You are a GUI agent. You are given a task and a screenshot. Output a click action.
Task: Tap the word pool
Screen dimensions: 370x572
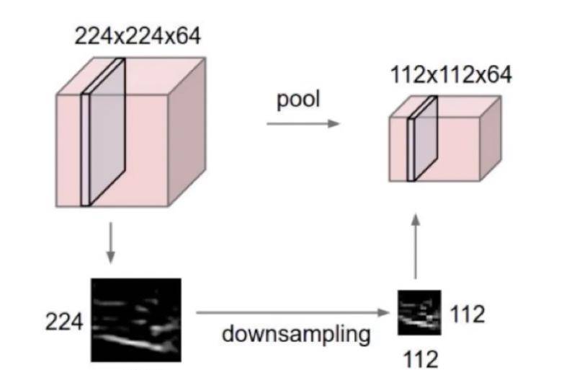298,101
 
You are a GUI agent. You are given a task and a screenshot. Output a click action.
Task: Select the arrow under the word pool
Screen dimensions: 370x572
302,124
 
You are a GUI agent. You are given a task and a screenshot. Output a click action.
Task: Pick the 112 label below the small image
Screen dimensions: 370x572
419,356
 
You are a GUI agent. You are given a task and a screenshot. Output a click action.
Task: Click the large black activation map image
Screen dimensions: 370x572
135,315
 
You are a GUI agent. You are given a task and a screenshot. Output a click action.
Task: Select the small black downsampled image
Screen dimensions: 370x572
419,312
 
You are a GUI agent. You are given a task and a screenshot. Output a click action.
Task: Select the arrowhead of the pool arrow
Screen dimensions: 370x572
334,124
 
